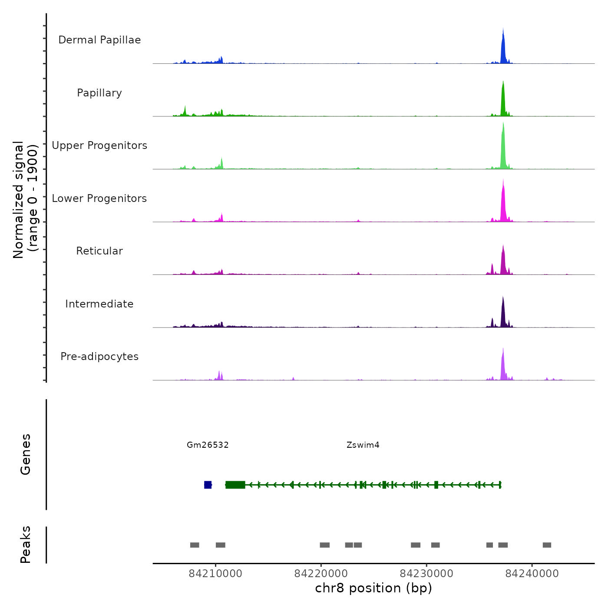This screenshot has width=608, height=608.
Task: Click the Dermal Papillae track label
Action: [99, 40]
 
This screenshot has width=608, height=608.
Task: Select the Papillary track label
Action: [99, 93]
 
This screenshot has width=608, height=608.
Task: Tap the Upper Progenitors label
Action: [99, 145]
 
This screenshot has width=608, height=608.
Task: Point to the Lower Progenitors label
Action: [99, 198]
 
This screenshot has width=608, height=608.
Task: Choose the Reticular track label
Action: [99, 251]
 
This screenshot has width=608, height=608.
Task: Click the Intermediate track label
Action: [99, 304]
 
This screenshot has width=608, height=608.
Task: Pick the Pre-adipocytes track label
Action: [99, 357]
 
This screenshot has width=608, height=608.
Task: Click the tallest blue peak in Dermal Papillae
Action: [503, 48]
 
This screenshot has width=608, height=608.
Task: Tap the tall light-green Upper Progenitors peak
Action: [503, 148]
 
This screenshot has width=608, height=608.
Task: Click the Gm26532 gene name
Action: [208, 445]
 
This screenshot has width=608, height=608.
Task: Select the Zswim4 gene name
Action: [363, 445]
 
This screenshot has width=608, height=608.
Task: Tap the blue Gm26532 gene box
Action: [208, 485]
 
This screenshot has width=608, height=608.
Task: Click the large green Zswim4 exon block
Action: [235, 485]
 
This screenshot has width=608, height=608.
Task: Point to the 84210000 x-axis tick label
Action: [215, 574]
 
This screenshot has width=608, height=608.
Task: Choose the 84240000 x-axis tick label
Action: [532, 574]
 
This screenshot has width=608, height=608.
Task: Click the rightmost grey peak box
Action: [547, 545]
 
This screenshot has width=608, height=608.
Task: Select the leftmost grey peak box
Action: [195, 545]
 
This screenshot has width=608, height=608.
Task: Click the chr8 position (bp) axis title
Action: [373, 588]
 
